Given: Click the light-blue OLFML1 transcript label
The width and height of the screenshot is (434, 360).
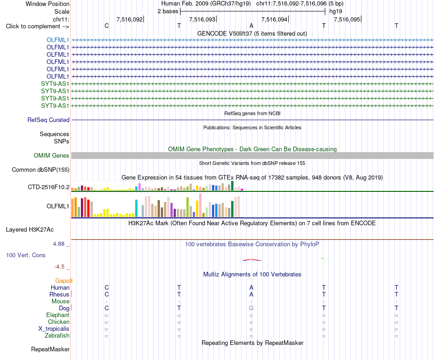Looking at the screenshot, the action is [x=58, y=40].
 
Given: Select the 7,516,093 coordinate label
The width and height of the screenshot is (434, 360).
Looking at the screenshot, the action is [x=202, y=19].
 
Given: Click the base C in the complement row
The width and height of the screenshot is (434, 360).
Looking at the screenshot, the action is [x=106, y=26].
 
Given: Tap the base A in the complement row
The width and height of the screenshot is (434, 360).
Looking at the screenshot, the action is [x=251, y=26].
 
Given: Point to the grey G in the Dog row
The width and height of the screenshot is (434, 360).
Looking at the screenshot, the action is [x=251, y=308].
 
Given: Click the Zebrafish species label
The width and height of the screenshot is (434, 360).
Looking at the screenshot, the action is [x=57, y=336].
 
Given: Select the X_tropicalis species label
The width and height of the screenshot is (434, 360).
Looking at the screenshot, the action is [x=54, y=329].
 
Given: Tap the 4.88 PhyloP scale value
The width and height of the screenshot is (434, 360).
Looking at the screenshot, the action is [x=58, y=244].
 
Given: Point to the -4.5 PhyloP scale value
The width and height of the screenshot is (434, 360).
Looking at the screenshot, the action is [x=59, y=267].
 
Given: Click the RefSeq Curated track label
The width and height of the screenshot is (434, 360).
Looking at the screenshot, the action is [x=48, y=120].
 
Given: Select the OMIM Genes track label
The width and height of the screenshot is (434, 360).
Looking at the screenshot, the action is [x=52, y=155].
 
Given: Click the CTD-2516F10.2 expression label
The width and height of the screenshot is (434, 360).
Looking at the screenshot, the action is [x=49, y=187].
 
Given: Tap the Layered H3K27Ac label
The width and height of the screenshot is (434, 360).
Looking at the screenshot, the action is [x=30, y=230].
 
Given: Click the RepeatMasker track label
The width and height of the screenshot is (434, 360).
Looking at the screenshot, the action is [x=50, y=349].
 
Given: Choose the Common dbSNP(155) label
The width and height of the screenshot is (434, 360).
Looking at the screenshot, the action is [x=41, y=169].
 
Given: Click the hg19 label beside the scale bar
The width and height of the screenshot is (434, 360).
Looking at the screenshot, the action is [x=336, y=11].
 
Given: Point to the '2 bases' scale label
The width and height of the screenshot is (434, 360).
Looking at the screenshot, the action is [x=168, y=11].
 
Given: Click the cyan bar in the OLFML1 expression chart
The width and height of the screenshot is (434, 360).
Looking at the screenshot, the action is [x=136, y=208].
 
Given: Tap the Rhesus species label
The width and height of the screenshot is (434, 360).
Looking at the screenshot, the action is [x=59, y=294].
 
